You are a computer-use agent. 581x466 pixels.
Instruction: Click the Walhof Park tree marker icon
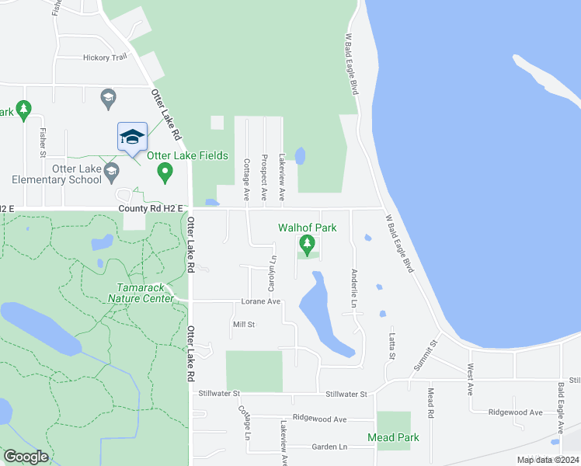click(x=308, y=246)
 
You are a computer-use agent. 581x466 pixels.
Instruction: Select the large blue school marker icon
click(x=132, y=137)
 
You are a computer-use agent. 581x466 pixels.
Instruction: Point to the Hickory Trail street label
click(x=105, y=57)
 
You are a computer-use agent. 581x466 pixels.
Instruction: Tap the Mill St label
click(x=244, y=324)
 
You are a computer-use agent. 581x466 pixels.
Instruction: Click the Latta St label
click(x=391, y=341)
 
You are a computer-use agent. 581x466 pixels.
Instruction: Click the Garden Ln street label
click(x=329, y=447)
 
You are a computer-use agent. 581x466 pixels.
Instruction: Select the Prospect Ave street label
click(x=264, y=178)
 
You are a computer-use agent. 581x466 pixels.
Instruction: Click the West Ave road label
click(x=470, y=379)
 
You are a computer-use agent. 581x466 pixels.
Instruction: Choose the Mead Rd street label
click(x=430, y=400)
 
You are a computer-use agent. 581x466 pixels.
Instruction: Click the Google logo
click(x=26, y=457)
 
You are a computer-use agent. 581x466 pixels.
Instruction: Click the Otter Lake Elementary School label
click(x=76, y=174)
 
